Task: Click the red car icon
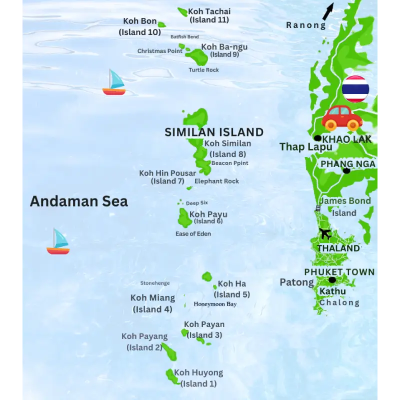point(342,118)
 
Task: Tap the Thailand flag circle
point(355,89)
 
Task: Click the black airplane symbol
point(325,233)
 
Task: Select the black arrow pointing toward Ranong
point(328,11)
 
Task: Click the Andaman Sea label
point(79,201)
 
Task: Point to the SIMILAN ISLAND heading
point(214,132)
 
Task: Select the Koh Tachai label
point(209,11)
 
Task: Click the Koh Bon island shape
point(161,24)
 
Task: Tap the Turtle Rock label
point(203,70)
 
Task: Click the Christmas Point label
point(160,51)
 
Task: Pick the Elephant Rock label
point(217,181)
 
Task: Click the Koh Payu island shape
point(183,218)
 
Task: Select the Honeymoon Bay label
point(215,304)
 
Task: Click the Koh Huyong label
point(198,372)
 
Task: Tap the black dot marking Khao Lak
point(317,138)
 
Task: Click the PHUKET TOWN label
point(339,272)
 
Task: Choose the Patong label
point(296,282)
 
